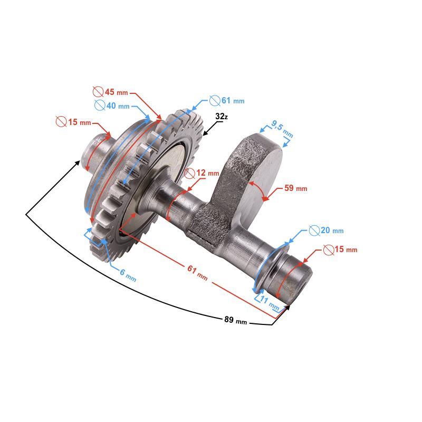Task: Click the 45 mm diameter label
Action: [115, 92]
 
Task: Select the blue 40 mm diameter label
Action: [117, 105]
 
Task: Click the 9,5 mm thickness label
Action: [278, 127]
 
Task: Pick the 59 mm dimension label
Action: [295, 188]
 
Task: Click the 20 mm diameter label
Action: [331, 231]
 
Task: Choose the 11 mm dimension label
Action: [270, 304]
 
